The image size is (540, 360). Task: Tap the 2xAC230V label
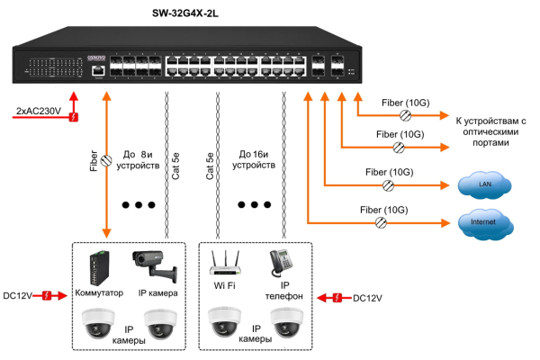click(38, 111)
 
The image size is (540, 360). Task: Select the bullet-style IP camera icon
click(154, 264)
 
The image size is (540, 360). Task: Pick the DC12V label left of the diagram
click(17, 294)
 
